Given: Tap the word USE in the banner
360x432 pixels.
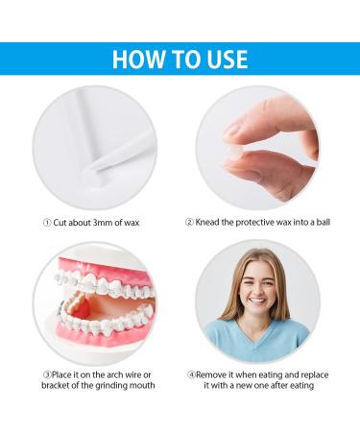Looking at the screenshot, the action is [228, 60].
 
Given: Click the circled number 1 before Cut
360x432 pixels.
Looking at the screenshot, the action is [47, 223].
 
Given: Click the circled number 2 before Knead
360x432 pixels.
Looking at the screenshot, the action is [189, 222].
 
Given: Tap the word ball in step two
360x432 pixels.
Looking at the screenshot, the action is [324, 222].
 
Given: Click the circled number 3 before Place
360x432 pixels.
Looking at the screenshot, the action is [47, 374].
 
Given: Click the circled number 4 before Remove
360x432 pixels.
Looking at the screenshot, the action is [191, 374].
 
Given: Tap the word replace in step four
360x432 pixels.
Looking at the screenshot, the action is [315, 374].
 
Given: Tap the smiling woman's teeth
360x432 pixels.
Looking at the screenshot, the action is [257, 301].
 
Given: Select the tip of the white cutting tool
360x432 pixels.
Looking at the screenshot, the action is [87, 171].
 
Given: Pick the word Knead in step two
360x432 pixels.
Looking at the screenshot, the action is [207, 222].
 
